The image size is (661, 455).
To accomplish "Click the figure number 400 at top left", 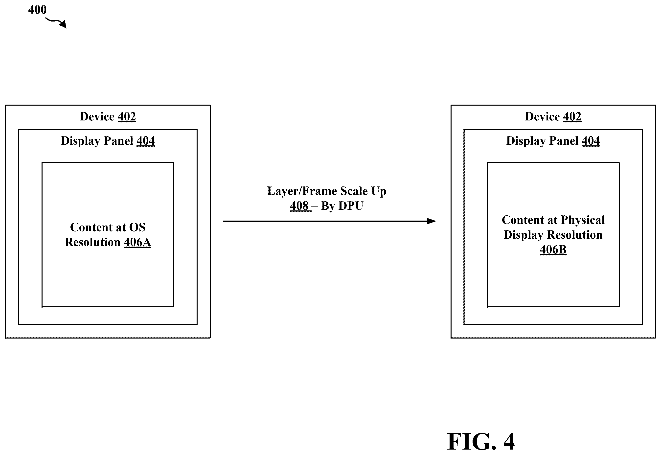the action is [37, 10].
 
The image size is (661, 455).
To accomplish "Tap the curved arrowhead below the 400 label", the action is [63, 24].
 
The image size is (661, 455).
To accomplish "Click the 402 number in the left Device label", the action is [127, 117].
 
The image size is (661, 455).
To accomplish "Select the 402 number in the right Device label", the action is [572, 117].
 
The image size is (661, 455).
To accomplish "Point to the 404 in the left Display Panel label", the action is [146, 141].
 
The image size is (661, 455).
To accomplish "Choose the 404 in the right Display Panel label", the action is [591, 141].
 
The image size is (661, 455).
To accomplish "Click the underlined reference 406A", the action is [137, 242].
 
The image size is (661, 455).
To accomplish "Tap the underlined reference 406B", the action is [553, 250].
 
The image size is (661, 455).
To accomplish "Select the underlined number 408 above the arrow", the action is [299, 206].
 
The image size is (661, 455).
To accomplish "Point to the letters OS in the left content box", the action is [137, 227].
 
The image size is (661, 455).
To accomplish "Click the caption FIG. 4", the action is [481, 442].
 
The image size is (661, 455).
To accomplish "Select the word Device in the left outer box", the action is [97, 117].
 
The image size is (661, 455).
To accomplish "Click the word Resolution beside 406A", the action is [93, 242].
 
